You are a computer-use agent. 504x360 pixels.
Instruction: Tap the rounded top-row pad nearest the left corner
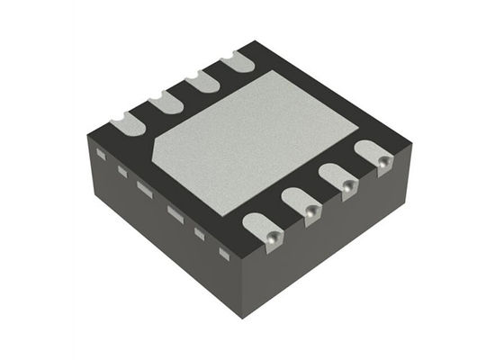click(x=127, y=124)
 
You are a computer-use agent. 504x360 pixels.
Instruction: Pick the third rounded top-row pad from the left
click(x=203, y=83)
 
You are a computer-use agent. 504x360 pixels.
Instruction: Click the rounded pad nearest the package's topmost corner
click(x=238, y=63)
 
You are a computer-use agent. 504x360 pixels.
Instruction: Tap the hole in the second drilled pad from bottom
click(x=310, y=211)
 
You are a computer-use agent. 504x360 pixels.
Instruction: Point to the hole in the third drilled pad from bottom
click(x=348, y=186)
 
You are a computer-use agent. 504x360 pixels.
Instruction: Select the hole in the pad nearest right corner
click(x=384, y=163)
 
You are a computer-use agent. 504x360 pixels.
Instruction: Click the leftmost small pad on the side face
click(x=101, y=156)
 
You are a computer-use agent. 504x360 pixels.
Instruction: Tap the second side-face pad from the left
click(x=121, y=170)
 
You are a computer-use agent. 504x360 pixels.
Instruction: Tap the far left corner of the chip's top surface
click(x=88, y=134)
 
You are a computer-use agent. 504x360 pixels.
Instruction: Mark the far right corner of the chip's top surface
click(x=411, y=143)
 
